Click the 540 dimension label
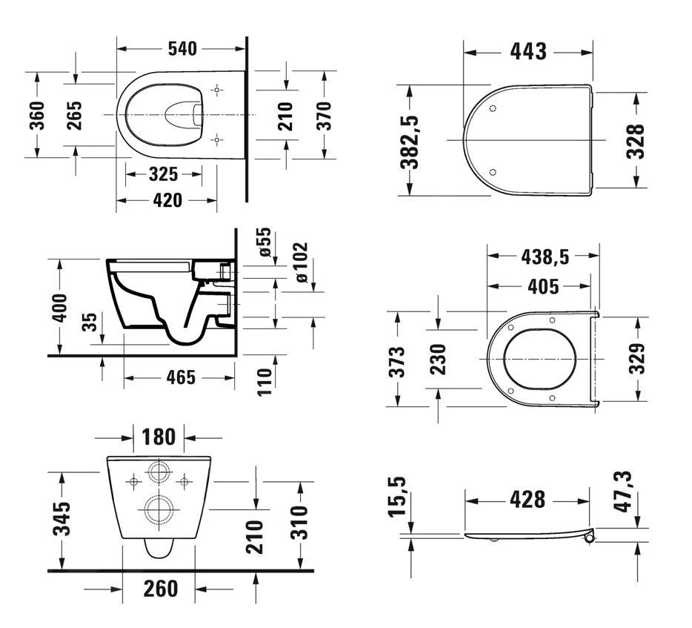182,49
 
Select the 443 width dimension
528,52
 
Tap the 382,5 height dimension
409,142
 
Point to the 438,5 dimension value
545,257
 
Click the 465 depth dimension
181,377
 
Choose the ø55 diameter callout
265,242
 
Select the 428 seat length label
528,500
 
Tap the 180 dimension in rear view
159,437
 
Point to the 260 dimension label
161,589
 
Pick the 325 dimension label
163,174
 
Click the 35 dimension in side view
90,322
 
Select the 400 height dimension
60,308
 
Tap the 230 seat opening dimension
439,360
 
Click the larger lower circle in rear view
158,509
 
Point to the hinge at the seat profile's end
590,538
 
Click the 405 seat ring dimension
543,287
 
